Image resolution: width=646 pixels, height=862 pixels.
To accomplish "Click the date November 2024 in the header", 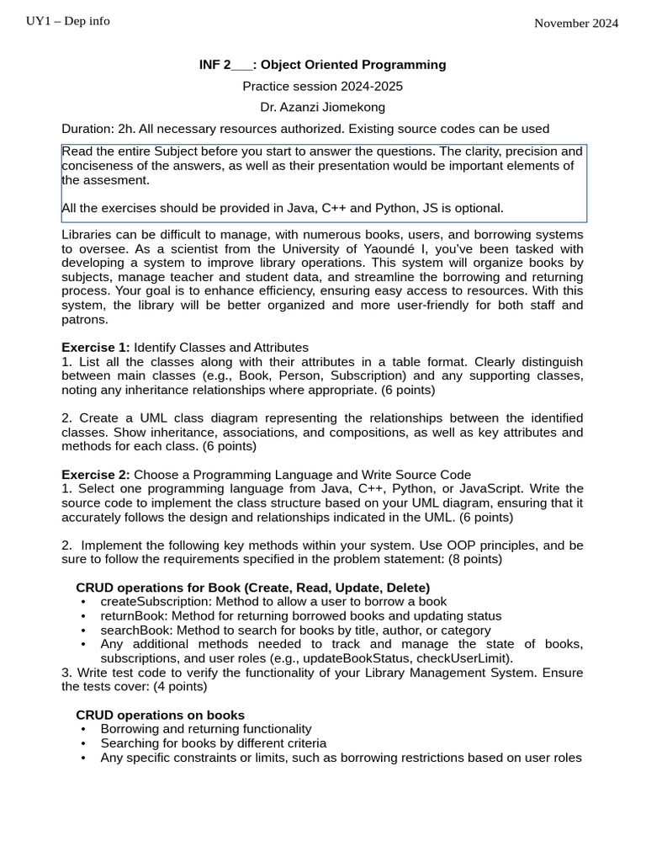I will [x=576, y=24].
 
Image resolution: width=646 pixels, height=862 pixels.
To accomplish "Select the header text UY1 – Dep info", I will [x=68, y=21].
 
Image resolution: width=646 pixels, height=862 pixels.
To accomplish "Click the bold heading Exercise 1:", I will [x=96, y=347].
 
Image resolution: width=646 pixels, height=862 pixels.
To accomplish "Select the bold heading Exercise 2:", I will [x=96, y=474].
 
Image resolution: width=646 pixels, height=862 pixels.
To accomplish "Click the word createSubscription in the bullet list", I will [x=156, y=601].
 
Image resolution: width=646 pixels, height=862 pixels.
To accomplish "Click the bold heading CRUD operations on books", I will [x=160, y=715].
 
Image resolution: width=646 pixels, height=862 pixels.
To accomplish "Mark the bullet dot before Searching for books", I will [x=83, y=744].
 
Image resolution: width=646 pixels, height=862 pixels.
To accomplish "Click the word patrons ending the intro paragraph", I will [x=84, y=319].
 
